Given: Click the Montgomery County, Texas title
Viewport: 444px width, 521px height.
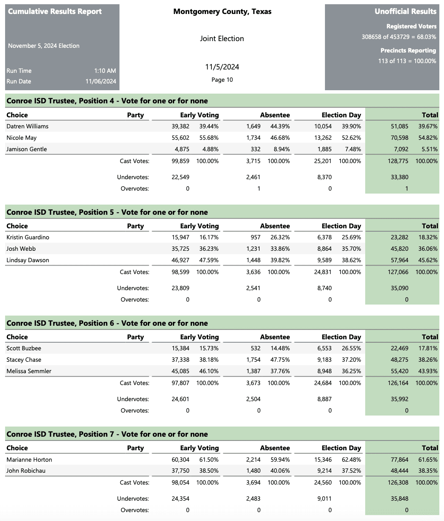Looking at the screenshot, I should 222,11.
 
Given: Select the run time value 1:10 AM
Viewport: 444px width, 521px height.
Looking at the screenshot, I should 105,71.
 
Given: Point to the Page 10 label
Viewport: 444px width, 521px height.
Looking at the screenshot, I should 222,80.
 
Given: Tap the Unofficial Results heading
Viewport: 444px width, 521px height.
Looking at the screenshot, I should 405,11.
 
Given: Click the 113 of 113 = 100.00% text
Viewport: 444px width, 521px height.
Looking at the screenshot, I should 407,61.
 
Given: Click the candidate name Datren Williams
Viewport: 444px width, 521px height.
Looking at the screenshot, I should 28,126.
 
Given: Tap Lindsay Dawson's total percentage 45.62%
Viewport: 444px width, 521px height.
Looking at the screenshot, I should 428,260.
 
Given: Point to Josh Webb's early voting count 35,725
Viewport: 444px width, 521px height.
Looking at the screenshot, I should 180,249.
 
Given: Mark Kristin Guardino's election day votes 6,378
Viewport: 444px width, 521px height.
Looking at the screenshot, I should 324,237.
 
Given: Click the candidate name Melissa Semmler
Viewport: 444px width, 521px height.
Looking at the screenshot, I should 29,371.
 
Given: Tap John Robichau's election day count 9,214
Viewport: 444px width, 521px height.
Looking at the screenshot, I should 324,471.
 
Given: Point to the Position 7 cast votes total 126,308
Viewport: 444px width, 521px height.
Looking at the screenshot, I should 398,482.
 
